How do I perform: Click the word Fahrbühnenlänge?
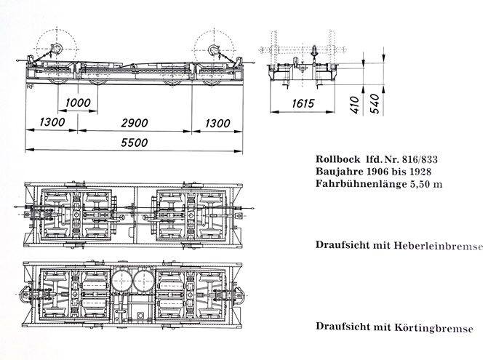[359, 185]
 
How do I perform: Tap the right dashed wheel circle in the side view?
[217, 49]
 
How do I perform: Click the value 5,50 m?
[425, 185]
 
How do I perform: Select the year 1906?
[385, 172]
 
